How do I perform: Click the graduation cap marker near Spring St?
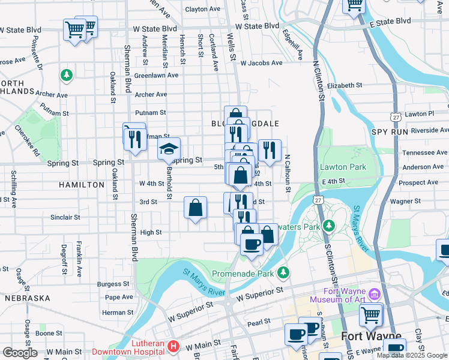169,149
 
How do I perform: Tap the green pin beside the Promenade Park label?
284,274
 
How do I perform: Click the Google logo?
20,353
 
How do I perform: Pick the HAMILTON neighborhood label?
82,185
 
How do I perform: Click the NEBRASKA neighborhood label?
28,298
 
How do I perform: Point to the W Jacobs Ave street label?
261,63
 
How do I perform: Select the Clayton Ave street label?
203,10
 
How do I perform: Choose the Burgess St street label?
113,284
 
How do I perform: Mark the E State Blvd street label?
391,21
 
